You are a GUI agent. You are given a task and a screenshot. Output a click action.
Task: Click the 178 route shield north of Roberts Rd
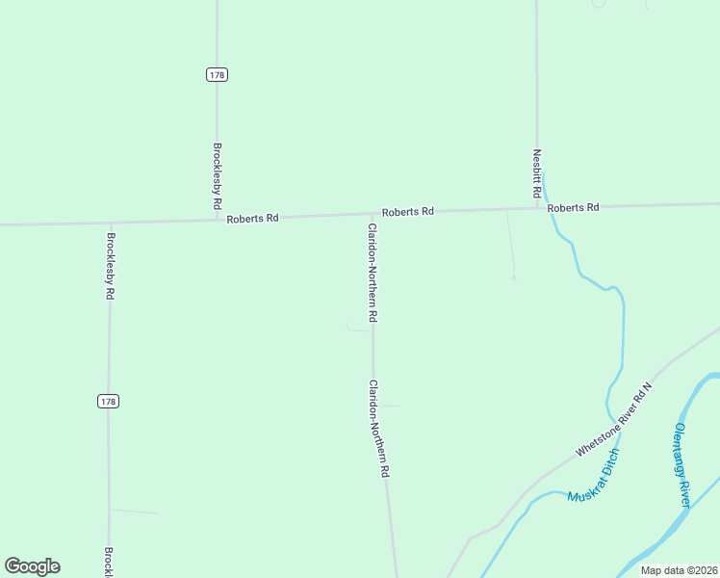pos(217,74)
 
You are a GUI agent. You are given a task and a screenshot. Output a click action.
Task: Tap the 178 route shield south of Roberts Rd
pos(109,401)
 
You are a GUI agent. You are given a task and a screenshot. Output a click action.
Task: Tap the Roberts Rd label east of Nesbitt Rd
pos(573,207)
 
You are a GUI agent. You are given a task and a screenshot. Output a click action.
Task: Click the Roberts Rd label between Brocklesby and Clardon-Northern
pos(252,219)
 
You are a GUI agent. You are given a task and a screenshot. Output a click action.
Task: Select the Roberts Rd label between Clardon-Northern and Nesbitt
pos(407,211)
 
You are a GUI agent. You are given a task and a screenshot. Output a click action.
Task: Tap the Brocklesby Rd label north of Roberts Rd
pos(218,177)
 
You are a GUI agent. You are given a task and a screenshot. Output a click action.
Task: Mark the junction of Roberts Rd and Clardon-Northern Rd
pos(373,214)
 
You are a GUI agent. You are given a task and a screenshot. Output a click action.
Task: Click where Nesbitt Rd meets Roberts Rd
pos(537,207)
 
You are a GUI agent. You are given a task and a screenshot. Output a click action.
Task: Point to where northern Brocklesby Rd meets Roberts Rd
pos(217,220)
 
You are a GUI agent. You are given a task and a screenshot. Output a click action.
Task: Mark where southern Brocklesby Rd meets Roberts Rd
pos(110,223)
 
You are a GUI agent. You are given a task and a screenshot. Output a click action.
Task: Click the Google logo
pos(32,566)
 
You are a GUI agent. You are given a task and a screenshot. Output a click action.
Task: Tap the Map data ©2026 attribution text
pos(680,570)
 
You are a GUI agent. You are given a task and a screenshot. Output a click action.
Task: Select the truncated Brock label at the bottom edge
pos(109,563)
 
